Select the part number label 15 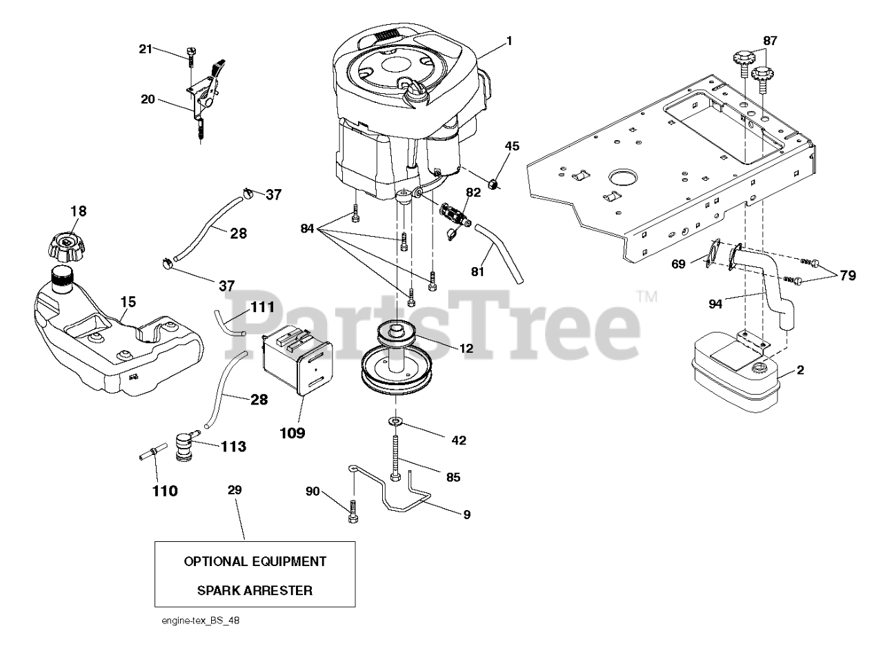tap(128, 302)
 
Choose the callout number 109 tap(291, 433)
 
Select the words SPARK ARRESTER tap(255, 591)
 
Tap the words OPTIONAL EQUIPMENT tap(255, 561)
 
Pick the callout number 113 tap(233, 447)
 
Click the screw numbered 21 tap(190, 56)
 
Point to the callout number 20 tap(148, 99)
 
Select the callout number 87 tap(770, 41)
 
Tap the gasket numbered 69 tap(710, 251)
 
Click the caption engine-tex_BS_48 tap(199, 621)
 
